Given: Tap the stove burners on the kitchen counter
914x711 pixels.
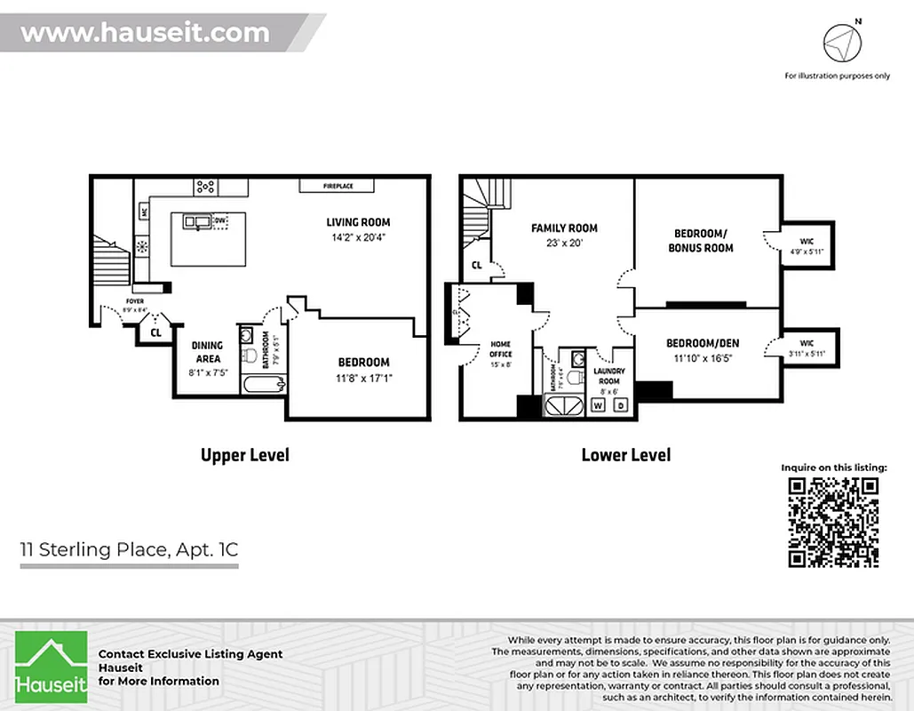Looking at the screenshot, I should tap(206, 186).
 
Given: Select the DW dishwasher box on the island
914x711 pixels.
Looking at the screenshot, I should tap(219, 221).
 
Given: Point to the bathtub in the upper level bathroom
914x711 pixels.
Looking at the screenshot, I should tap(264, 385).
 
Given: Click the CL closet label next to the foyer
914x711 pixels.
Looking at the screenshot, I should tap(155, 333).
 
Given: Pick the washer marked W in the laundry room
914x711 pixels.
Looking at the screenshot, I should tap(598, 405).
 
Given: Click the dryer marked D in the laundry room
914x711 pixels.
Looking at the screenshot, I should tap(621, 405).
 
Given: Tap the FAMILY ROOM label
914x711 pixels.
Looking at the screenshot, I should tap(564, 228).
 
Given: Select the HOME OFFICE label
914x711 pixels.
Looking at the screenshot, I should tap(501, 349).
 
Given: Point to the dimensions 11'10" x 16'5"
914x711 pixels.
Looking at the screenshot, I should tap(703, 358).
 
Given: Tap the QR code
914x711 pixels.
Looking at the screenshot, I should tap(833, 522).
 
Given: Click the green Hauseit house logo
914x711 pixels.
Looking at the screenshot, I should tap(52, 667).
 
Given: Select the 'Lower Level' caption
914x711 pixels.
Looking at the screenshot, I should tap(626, 455).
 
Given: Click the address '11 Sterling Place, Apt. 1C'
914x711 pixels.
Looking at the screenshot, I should tap(129, 549).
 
